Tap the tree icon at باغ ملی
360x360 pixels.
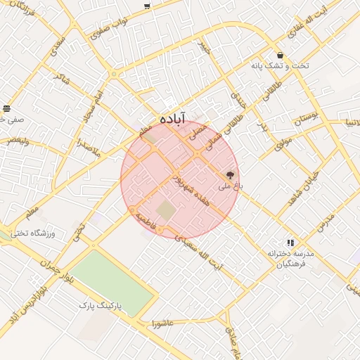pyautogui.click(x=230, y=174)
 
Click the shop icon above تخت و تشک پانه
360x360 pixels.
pyautogui.click(x=281, y=55)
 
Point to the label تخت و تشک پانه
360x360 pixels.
pyautogui.click(x=280, y=65)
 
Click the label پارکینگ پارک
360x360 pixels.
pyautogui.click(x=100, y=307)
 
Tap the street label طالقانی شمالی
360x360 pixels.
pyautogui.click(x=217, y=133)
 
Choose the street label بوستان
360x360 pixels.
pyautogui.click(x=307, y=117)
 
